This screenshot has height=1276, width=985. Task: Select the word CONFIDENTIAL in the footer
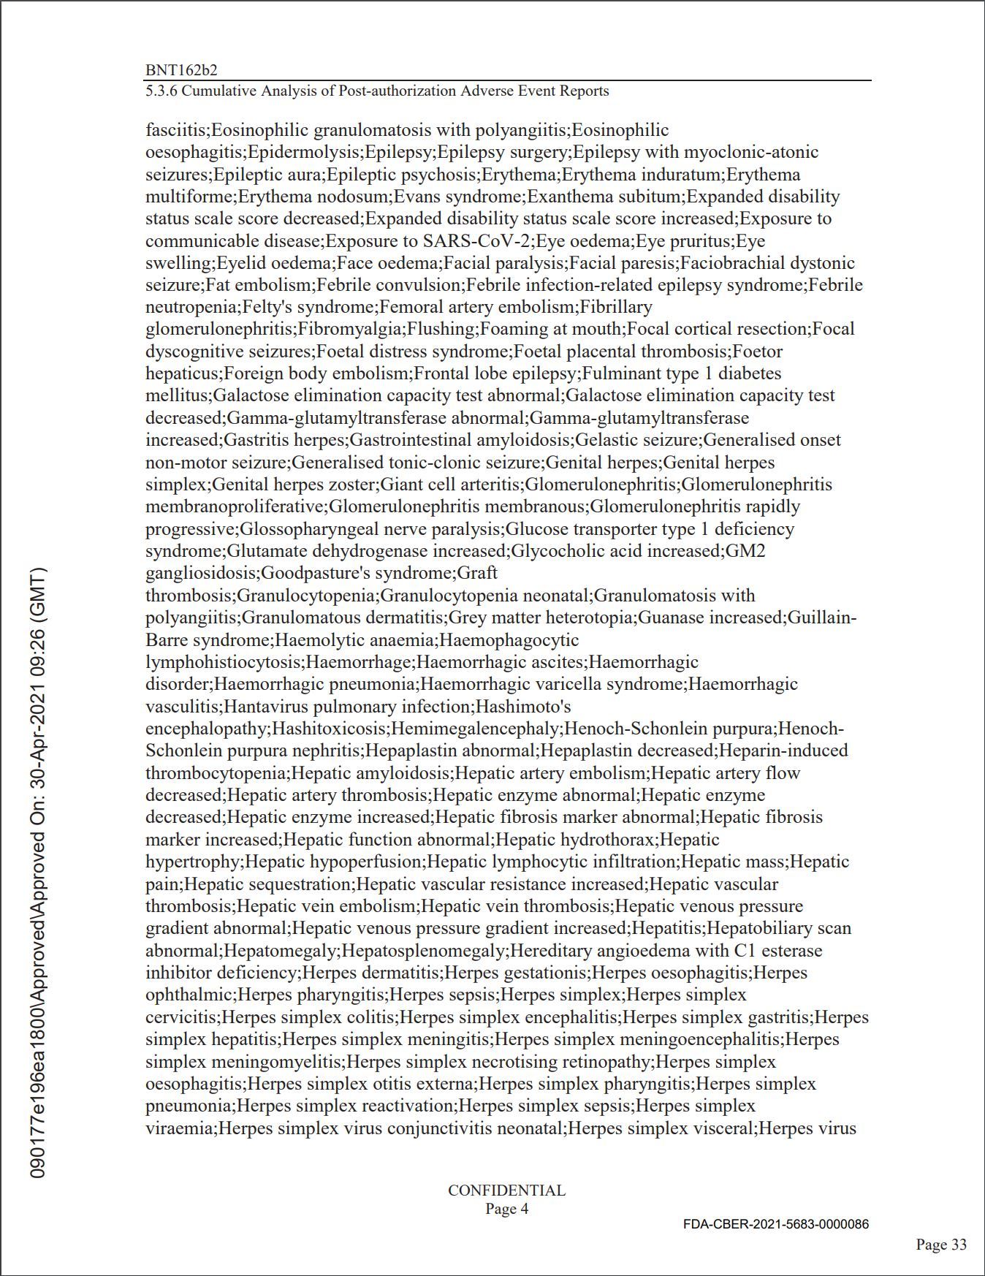506,1190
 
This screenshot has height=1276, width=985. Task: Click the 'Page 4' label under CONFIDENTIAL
506,1209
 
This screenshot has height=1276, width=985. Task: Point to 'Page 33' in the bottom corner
941,1245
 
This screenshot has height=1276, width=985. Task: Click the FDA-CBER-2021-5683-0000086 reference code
776,1224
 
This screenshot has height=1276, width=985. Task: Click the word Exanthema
563,197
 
